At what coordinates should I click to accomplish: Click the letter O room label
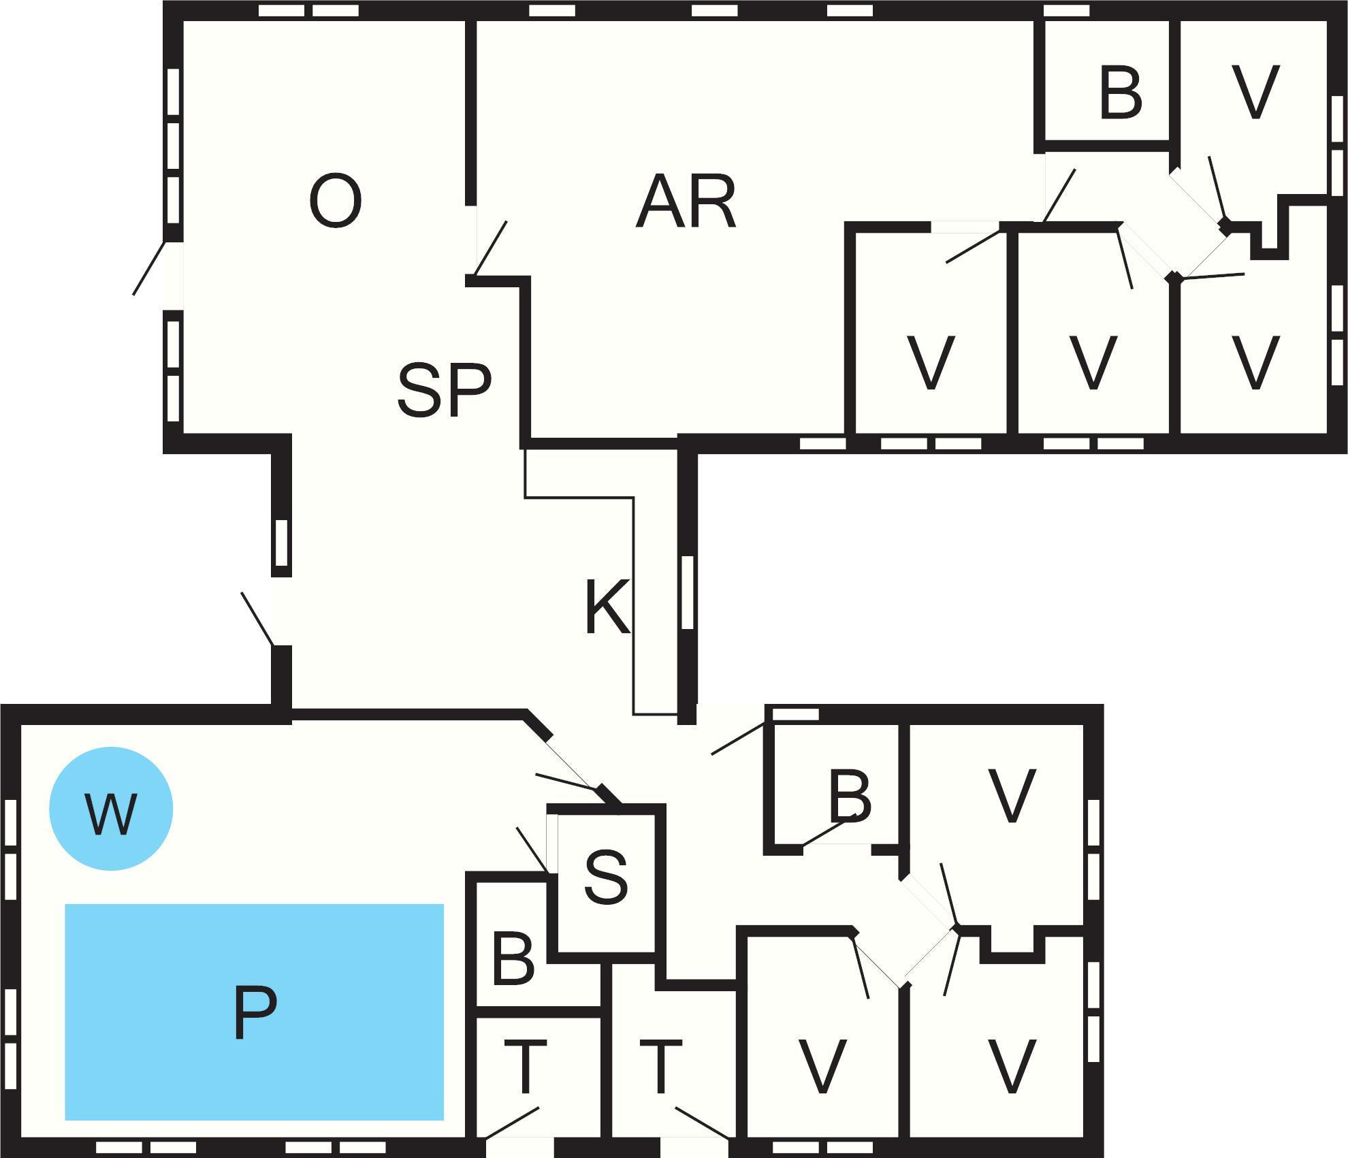[335, 202]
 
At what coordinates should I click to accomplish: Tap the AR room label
[686, 202]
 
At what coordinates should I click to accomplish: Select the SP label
[444, 389]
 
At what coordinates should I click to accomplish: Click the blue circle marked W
[111, 809]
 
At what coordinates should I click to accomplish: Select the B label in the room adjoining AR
[1119, 93]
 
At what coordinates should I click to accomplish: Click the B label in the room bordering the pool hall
[512, 960]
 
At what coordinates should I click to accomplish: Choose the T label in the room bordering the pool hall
[525, 1067]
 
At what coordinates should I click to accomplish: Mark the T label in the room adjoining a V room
[660, 1067]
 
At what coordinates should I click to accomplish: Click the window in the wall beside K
[687, 592]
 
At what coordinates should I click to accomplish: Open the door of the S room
[534, 848]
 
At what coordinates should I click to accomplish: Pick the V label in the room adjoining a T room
[822, 1067]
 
